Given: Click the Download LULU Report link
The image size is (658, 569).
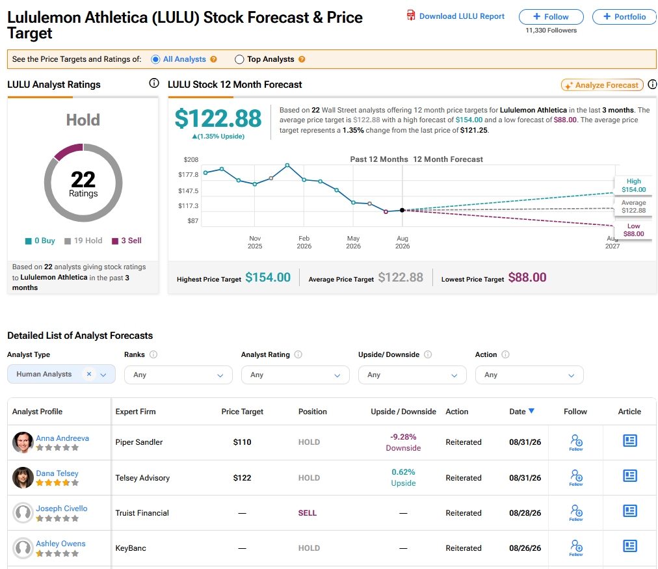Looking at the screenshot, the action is coord(456,16).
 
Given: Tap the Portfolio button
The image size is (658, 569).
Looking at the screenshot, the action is coord(624,17).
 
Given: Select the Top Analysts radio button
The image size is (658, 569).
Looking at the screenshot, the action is coord(239,60).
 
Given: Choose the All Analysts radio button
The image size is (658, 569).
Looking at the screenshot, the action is coord(155,60).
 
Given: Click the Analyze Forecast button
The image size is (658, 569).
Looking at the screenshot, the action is coord(602,85).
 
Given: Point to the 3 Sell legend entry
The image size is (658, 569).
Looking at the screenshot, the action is coord(127,241).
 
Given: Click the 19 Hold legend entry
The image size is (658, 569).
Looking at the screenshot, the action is coord(83,241).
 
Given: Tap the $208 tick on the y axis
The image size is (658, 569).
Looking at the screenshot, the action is coord(191,159).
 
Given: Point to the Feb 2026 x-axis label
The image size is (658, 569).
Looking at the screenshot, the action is coord(304,242).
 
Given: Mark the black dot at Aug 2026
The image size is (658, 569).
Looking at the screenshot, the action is coord(402,210).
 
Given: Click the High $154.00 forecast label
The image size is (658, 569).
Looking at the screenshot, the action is coord(634,185).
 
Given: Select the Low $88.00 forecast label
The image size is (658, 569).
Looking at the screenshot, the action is coord(634,230).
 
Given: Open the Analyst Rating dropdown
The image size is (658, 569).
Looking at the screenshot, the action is coord(295,375).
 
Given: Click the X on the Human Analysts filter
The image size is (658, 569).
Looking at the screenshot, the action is coord(89,374).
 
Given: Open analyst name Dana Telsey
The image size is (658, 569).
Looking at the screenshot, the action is coord(57,473).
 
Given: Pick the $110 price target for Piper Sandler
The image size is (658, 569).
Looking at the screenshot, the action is coord(242,442).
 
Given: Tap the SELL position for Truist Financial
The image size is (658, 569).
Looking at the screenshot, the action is coord(308,513).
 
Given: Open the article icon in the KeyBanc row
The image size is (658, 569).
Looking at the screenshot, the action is coord(630,546).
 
